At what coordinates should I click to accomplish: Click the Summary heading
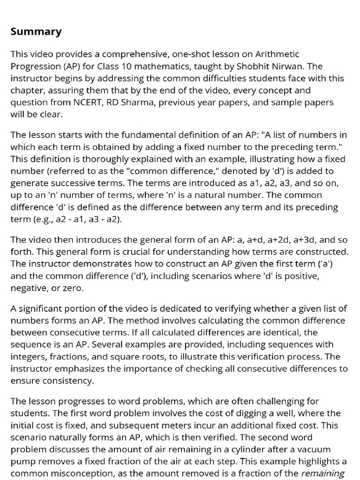click(x=36, y=32)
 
